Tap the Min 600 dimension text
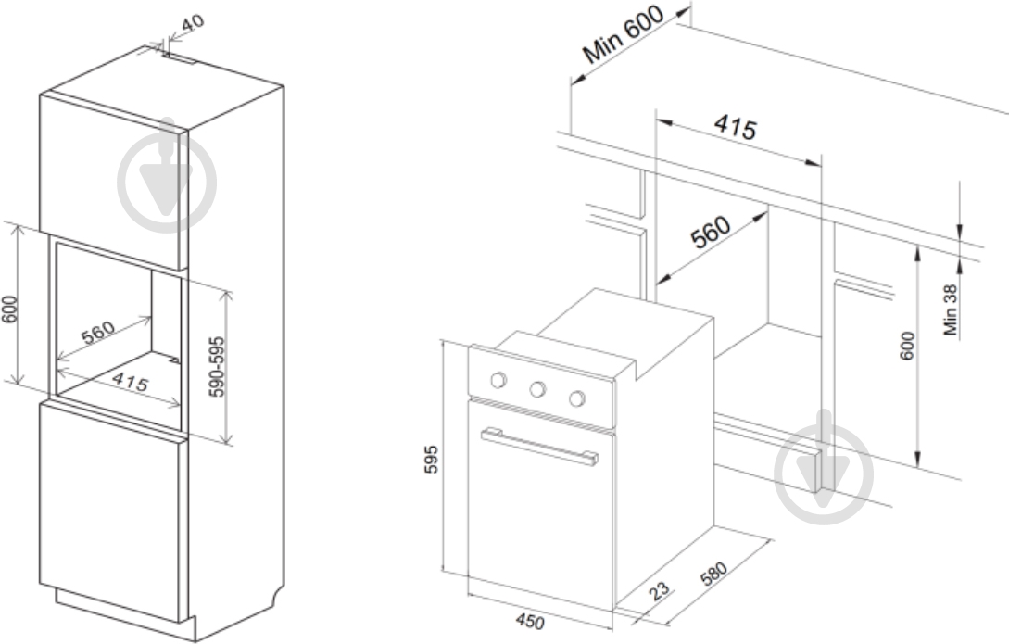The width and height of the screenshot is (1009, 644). click(623, 34)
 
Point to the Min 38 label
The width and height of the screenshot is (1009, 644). click(951, 309)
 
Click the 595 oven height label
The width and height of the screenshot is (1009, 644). click(431, 459)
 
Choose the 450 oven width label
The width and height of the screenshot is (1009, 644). click(530, 622)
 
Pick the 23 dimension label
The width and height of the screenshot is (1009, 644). click(659, 591)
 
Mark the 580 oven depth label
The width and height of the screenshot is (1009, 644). click(713, 574)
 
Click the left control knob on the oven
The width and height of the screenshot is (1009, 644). click(498, 380)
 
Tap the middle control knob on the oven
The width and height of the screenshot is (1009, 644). click(538, 389)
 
